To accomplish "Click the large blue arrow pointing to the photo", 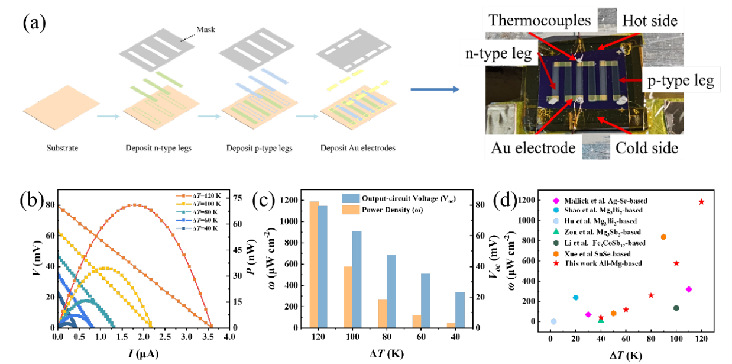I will [x=434, y=89].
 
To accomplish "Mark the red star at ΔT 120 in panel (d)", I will [x=701, y=202].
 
